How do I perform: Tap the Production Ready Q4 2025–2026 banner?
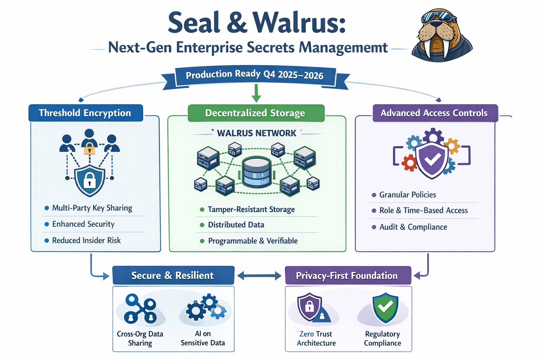255,75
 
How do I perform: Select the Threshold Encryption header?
85,113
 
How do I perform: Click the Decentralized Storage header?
256,113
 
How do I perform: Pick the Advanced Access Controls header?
435,113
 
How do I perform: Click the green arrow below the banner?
256,93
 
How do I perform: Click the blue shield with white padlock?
90,180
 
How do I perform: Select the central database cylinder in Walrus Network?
256,172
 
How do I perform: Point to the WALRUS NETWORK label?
256,133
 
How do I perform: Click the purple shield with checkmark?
432,160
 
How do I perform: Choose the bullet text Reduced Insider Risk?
86,240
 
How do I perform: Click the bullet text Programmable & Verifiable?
253,241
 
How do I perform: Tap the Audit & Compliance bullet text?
413,227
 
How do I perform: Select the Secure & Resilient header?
173,276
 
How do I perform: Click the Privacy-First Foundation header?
347,276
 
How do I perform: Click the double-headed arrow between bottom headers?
259,276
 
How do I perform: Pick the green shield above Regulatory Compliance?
385,308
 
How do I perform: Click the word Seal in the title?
194,23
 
